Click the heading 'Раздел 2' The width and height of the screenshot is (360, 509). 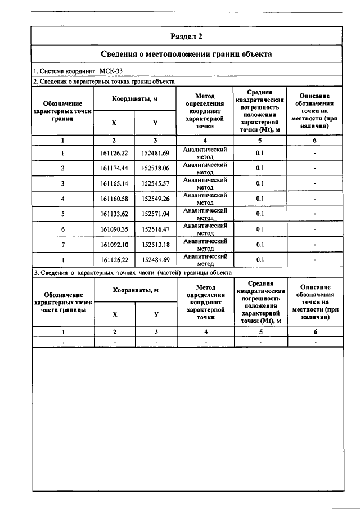tap(186, 37)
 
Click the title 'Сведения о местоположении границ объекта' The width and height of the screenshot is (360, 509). tap(186, 55)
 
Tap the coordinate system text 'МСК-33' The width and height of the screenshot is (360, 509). tap(111, 71)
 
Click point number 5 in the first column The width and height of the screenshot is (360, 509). tap(62, 214)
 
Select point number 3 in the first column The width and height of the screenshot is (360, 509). tap(62, 183)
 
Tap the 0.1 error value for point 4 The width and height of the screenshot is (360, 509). tap(260, 199)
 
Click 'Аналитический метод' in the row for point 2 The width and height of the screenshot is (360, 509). tap(205, 168)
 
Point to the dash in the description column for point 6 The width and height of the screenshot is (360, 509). tap(315, 229)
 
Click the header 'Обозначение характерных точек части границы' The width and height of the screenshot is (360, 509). tap(62, 302)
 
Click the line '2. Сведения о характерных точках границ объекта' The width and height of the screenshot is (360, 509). tap(104, 82)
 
